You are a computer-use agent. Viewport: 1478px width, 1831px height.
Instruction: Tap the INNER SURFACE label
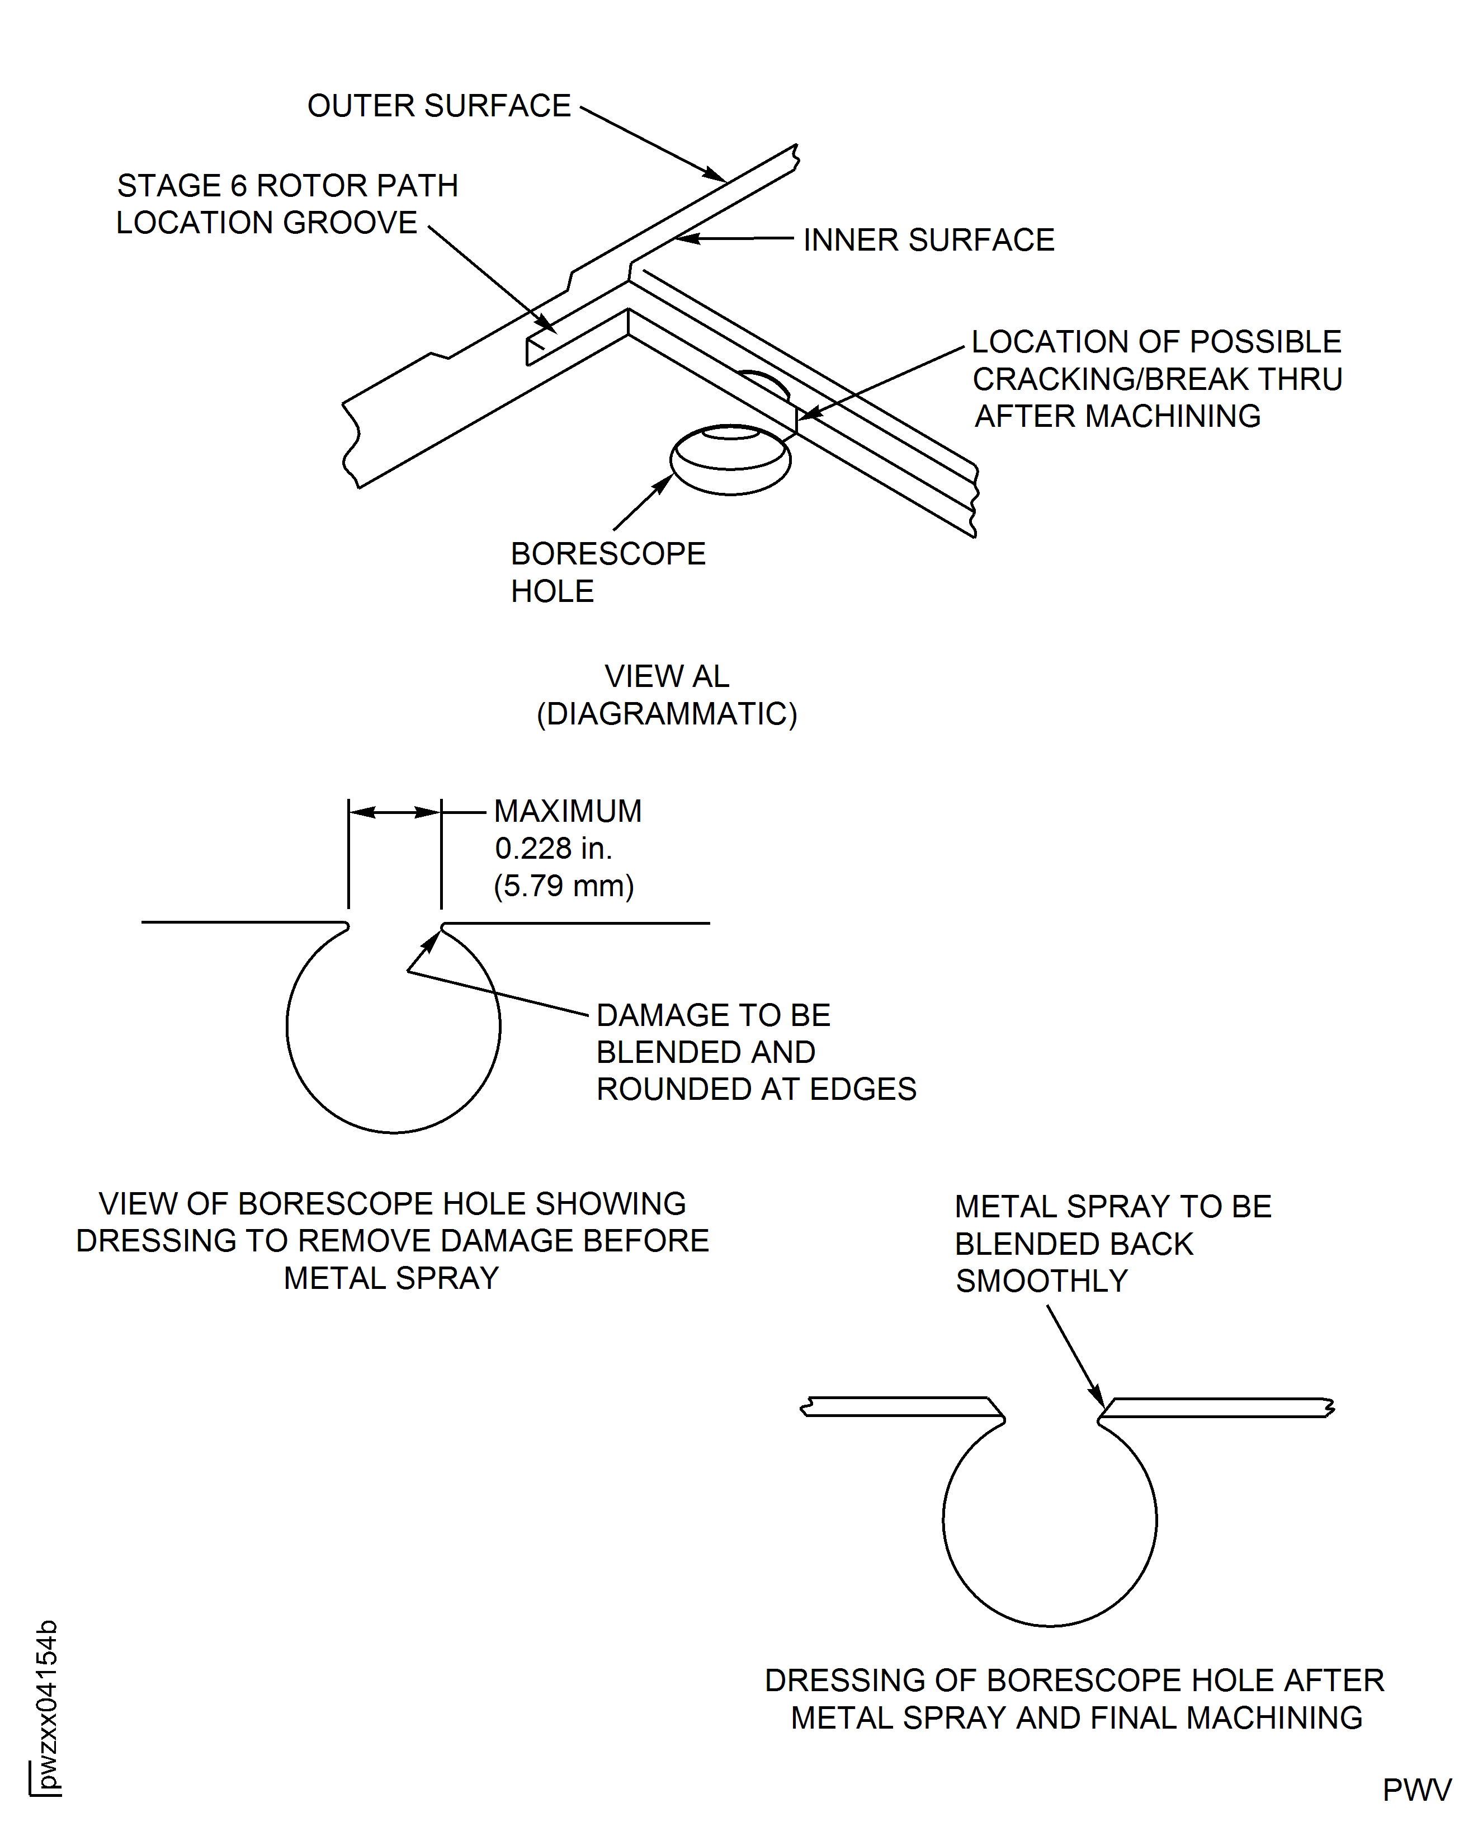pyautogui.click(x=928, y=240)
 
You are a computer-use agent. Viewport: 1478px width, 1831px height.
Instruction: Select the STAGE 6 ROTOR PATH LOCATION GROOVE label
pyautogui.click(x=287, y=204)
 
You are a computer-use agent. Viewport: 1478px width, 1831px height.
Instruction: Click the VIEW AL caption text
pyautogui.click(x=667, y=676)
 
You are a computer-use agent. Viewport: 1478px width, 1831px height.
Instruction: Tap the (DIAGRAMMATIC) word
pyautogui.click(x=667, y=714)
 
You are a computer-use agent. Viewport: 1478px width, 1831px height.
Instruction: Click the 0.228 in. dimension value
pyautogui.click(x=554, y=848)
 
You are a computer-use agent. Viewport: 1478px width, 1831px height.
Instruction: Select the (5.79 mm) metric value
pyautogui.click(x=564, y=886)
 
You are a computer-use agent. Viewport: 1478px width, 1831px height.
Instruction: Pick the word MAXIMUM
pyautogui.click(x=568, y=811)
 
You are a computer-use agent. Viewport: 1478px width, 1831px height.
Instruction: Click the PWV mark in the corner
pyautogui.click(x=1416, y=1790)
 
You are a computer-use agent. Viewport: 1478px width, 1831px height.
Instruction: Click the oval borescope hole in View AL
pyautogui.click(x=730, y=460)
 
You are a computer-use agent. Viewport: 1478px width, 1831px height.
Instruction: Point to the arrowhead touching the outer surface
pyautogui.click(x=716, y=176)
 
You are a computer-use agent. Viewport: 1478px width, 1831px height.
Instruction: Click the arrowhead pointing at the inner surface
pyautogui.click(x=686, y=238)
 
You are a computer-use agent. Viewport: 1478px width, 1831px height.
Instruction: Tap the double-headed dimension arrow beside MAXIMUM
pyautogui.click(x=394, y=812)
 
